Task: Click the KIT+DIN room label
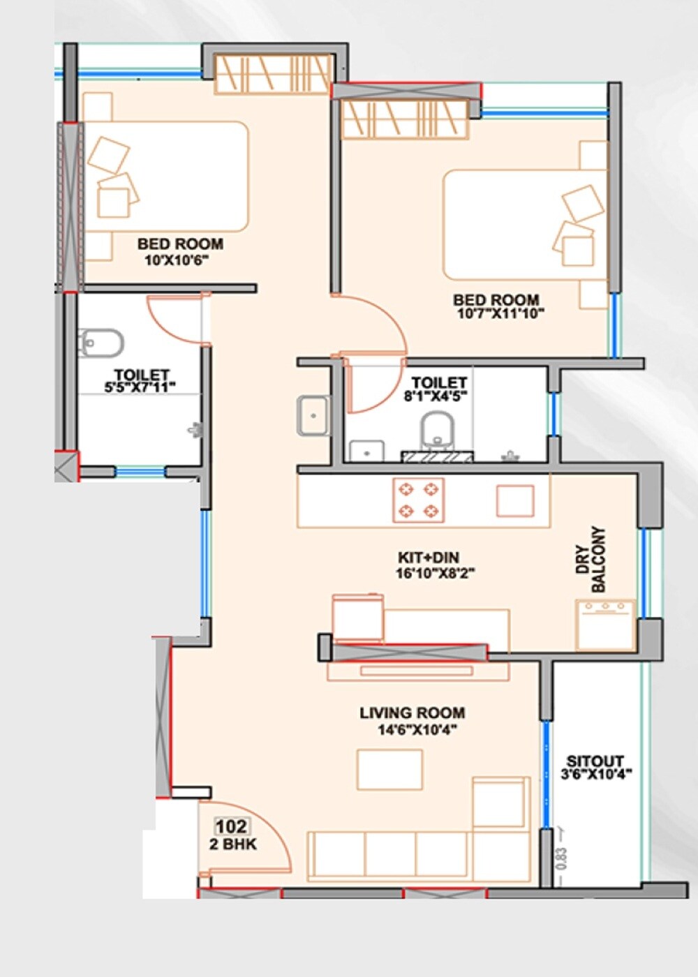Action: point(428,558)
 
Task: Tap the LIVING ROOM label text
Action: point(412,713)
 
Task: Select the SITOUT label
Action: point(595,761)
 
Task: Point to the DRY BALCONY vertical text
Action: point(591,560)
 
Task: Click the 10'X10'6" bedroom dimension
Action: point(177,261)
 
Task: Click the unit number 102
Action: point(231,827)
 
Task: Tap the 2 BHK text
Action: point(233,844)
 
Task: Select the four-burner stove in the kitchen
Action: point(418,500)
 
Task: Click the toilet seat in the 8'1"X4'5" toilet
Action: point(438,430)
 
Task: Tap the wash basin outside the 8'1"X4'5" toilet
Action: point(313,416)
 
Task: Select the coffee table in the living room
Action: point(389,770)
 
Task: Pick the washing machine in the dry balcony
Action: point(605,625)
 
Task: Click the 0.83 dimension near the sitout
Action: point(563,858)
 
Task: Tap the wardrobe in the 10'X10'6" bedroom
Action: point(272,74)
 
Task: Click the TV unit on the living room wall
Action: point(417,671)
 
